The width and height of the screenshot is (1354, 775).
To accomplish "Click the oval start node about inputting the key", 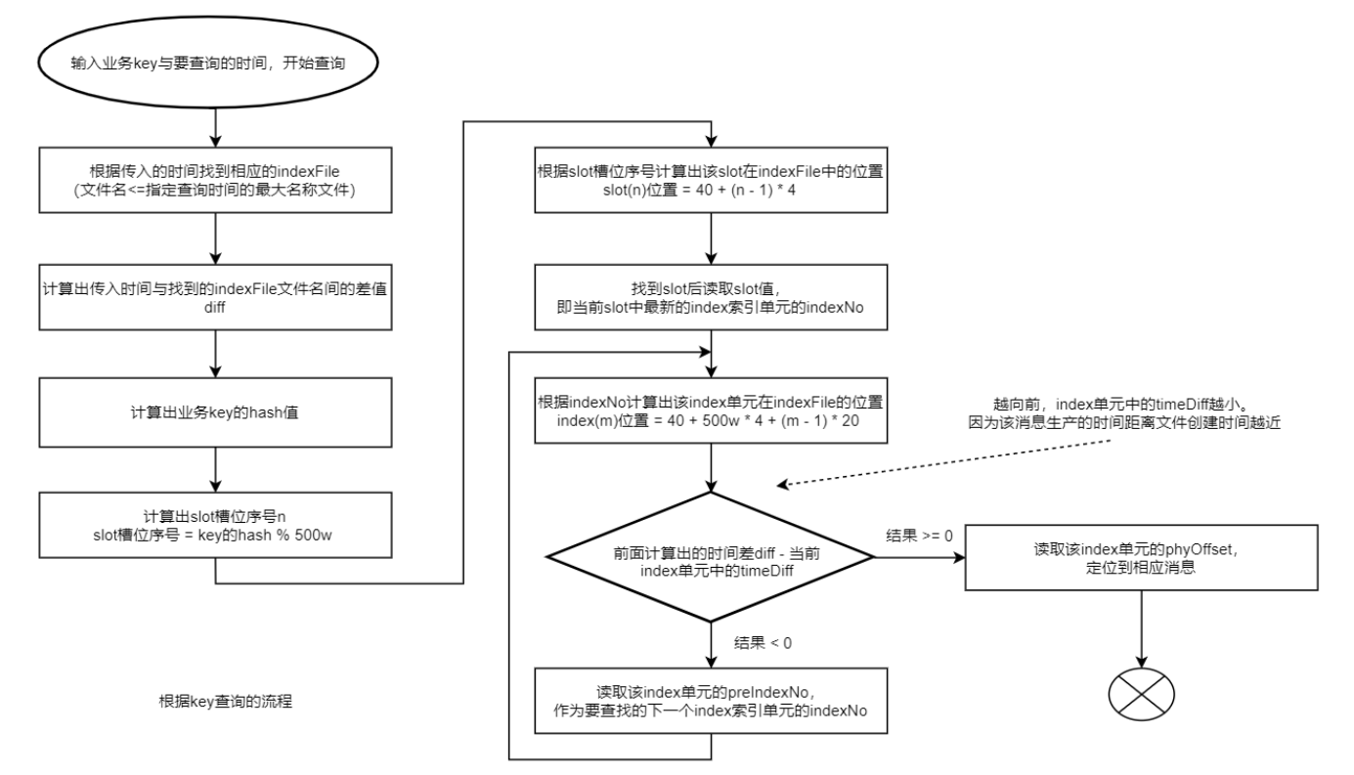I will tap(213, 62).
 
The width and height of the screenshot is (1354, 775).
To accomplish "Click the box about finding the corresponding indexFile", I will tap(213, 178).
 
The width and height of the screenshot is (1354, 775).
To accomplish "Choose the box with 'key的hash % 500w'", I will tap(213, 523).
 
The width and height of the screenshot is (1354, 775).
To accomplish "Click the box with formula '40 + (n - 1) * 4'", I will tap(712, 177).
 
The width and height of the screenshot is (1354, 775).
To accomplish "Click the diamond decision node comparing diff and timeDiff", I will tap(712, 555).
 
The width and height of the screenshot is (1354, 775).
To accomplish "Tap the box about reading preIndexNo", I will tap(712, 699).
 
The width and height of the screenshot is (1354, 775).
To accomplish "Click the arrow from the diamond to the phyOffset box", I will tap(919, 557).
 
